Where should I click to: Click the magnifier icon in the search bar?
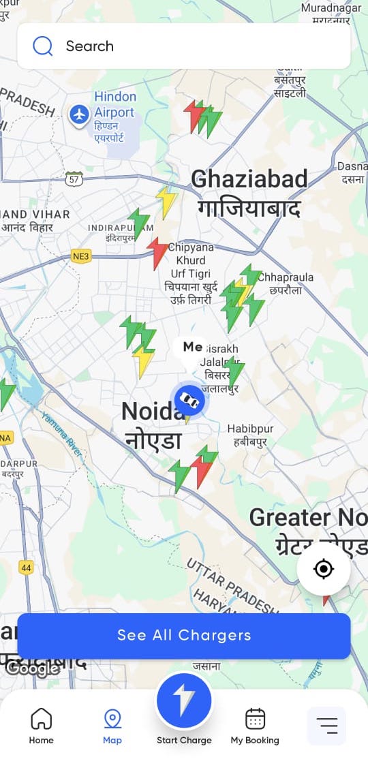[43, 46]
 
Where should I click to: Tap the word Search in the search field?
[89, 46]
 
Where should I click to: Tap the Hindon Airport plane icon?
[80, 114]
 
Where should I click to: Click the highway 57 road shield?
[75, 179]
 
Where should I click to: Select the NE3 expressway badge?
[81, 256]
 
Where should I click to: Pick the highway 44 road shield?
[26, 567]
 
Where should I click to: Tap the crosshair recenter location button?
[323, 569]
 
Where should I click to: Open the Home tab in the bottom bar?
[41, 725]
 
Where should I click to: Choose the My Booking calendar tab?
[255, 725]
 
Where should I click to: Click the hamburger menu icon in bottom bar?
[327, 726]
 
